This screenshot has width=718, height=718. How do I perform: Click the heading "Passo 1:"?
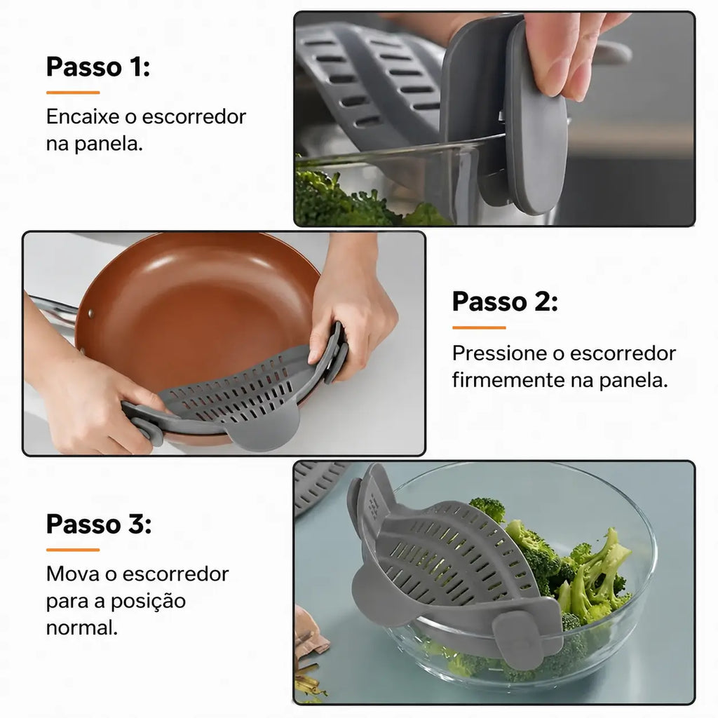(98, 67)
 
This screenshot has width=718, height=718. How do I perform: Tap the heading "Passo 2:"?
(505, 302)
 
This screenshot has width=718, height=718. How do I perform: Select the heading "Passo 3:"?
(98, 524)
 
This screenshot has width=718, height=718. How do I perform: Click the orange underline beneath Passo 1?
(73, 93)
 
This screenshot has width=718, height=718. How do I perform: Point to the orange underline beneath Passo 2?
(479, 327)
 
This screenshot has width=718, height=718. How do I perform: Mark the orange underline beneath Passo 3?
(73, 550)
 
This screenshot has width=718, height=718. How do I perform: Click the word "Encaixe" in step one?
(83, 117)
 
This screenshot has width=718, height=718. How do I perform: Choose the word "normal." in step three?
(82, 628)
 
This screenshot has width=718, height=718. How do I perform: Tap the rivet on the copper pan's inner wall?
(90, 313)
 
